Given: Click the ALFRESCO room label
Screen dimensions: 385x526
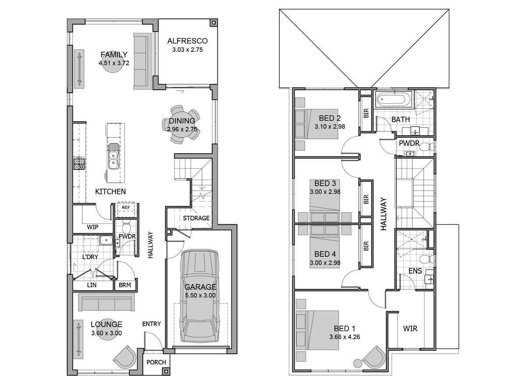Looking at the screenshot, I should point(187,41).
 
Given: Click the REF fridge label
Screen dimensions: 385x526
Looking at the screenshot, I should point(126,208).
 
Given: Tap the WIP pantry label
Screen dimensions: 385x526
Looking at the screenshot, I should point(92,227).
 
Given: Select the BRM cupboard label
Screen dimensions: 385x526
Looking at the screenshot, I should point(125,285).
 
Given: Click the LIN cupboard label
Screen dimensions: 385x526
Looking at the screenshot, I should point(92,285).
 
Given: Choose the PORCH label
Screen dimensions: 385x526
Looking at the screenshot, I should point(156,362).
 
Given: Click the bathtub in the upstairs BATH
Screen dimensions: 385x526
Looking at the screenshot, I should point(394,99).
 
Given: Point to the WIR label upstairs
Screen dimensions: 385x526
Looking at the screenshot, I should point(410,328).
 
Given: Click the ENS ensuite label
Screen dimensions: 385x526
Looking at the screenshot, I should point(415,271).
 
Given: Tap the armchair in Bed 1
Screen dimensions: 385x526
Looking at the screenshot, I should point(375,356).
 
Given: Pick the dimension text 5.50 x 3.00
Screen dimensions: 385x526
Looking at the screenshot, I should point(200,295).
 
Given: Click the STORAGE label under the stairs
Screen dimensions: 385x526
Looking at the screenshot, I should point(196,218).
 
